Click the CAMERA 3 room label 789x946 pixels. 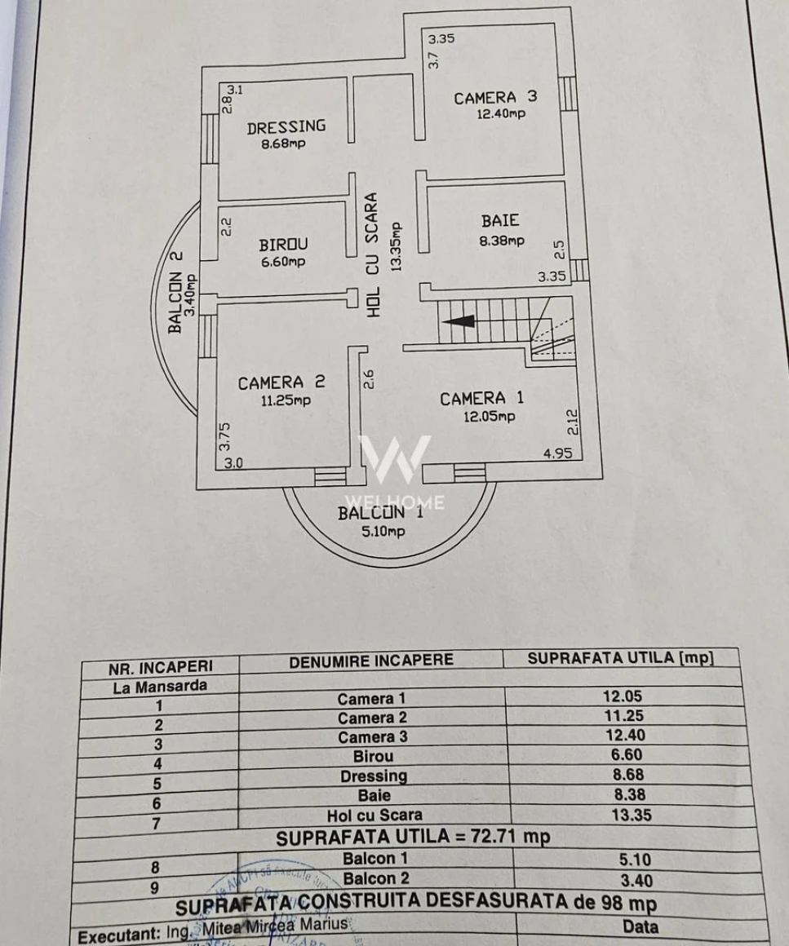[x=495, y=98]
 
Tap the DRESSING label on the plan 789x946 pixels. [x=286, y=126]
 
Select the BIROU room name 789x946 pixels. [x=283, y=245]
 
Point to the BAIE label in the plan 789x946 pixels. [x=500, y=220]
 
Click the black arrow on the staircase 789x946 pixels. [x=457, y=321]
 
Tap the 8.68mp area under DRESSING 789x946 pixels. [x=283, y=144]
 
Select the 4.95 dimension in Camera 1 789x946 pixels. [x=558, y=454]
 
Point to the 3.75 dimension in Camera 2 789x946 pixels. [x=226, y=435]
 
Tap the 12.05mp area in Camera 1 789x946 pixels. [x=490, y=417]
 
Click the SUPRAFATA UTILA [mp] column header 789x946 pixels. [x=620, y=658]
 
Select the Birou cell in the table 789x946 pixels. [x=373, y=756]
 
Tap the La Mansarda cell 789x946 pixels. [x=160, y=687]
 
